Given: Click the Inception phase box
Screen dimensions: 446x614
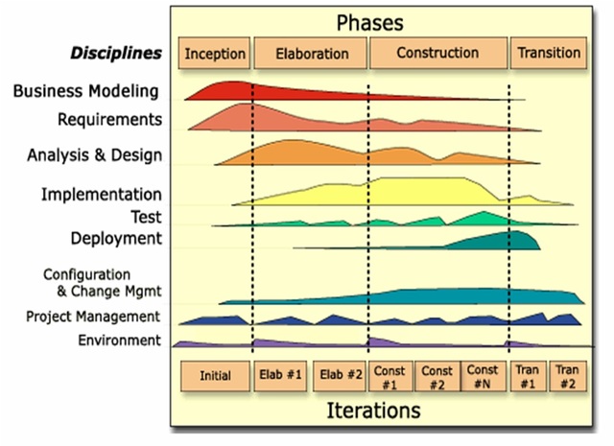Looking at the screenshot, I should pos(215,54).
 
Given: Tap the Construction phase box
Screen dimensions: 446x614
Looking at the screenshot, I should pos(438,54).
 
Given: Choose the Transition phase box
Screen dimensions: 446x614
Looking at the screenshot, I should pos(548,54).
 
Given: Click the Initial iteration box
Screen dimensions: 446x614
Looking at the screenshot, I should pos(215,376).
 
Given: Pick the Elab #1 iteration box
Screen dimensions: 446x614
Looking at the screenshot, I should pos(281,376).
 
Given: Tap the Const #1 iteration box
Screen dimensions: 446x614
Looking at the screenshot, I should pos(390,376).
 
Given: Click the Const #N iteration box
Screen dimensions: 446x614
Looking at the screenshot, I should pos(483,376).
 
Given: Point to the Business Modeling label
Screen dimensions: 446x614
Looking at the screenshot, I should pos(85,92).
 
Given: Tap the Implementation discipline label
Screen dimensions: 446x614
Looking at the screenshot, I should pos(101,195).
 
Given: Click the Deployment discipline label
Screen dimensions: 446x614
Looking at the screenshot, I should pos(115,238).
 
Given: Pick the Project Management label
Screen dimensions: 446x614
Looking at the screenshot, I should pos(93,317).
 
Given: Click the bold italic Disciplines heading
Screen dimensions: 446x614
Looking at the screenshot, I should pos(116,53).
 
